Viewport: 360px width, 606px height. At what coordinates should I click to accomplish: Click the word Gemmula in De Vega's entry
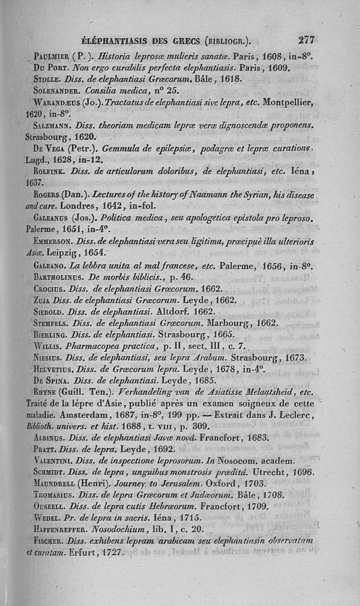[x=121, y=149]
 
